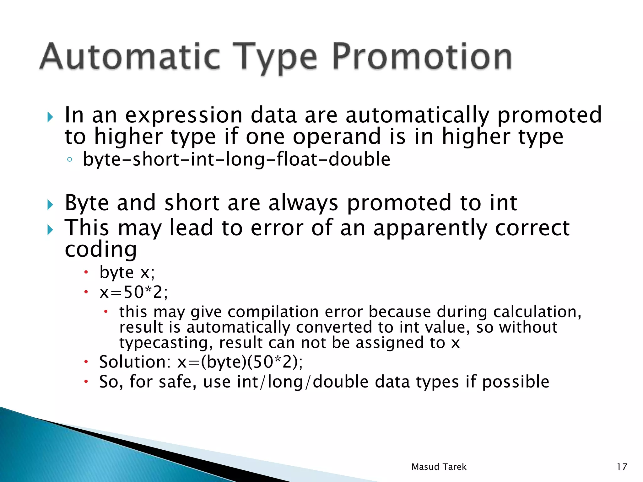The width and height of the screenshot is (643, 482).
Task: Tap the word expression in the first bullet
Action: pos(184,115)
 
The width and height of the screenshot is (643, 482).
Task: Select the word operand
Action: pos(337,137)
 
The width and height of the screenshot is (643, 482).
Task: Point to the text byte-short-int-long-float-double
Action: pos(236,159)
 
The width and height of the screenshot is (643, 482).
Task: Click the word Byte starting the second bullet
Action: pos(87,203)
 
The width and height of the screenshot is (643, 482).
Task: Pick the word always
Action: pos(303,203)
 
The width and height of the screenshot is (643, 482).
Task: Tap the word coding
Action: pos(100,249)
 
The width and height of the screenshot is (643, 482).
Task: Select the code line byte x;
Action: pos(127,272)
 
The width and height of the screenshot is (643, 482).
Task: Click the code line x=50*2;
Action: pos(133,292)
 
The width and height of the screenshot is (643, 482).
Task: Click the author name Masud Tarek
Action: pos(439,467)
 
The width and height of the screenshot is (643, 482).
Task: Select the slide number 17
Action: pos(622,467)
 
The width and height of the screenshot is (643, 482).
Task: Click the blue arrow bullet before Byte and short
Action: pos(50,205)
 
